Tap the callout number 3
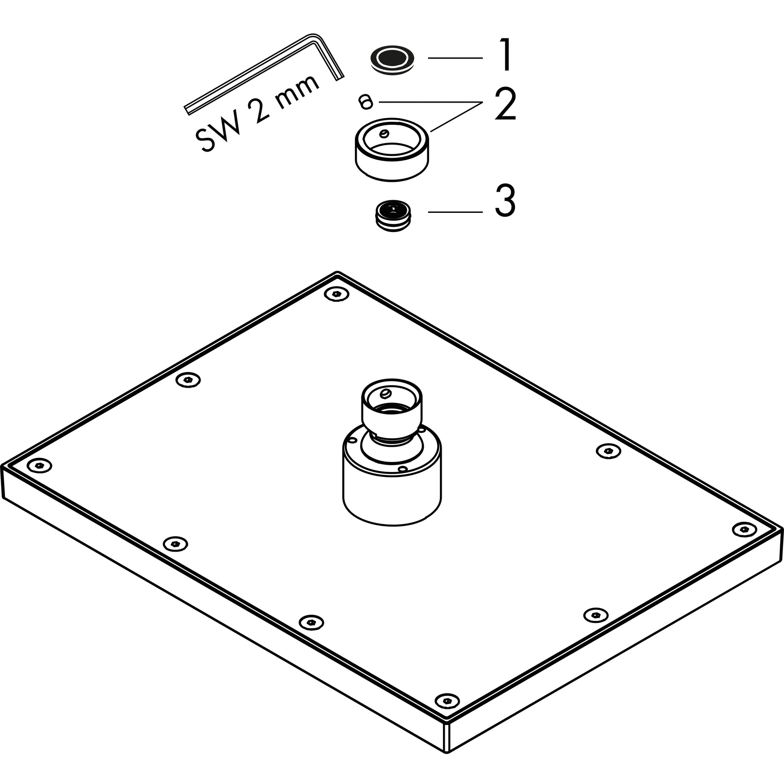[x=505, y=201]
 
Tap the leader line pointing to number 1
[x=455, y=58]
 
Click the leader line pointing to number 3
[x=455, y=212]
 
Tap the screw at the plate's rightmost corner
[x=745, y=529]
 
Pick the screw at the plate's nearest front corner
[x=447, y=700]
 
